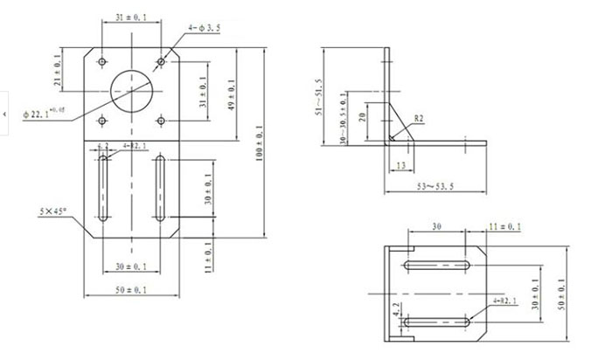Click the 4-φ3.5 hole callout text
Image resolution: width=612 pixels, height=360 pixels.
(x=207, y=28)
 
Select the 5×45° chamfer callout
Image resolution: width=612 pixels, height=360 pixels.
(x=54, y=212)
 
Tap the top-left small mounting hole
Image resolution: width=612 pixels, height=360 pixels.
(x=102, y=62)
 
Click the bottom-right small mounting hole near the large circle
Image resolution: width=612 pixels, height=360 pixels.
(x=162, y=120)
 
